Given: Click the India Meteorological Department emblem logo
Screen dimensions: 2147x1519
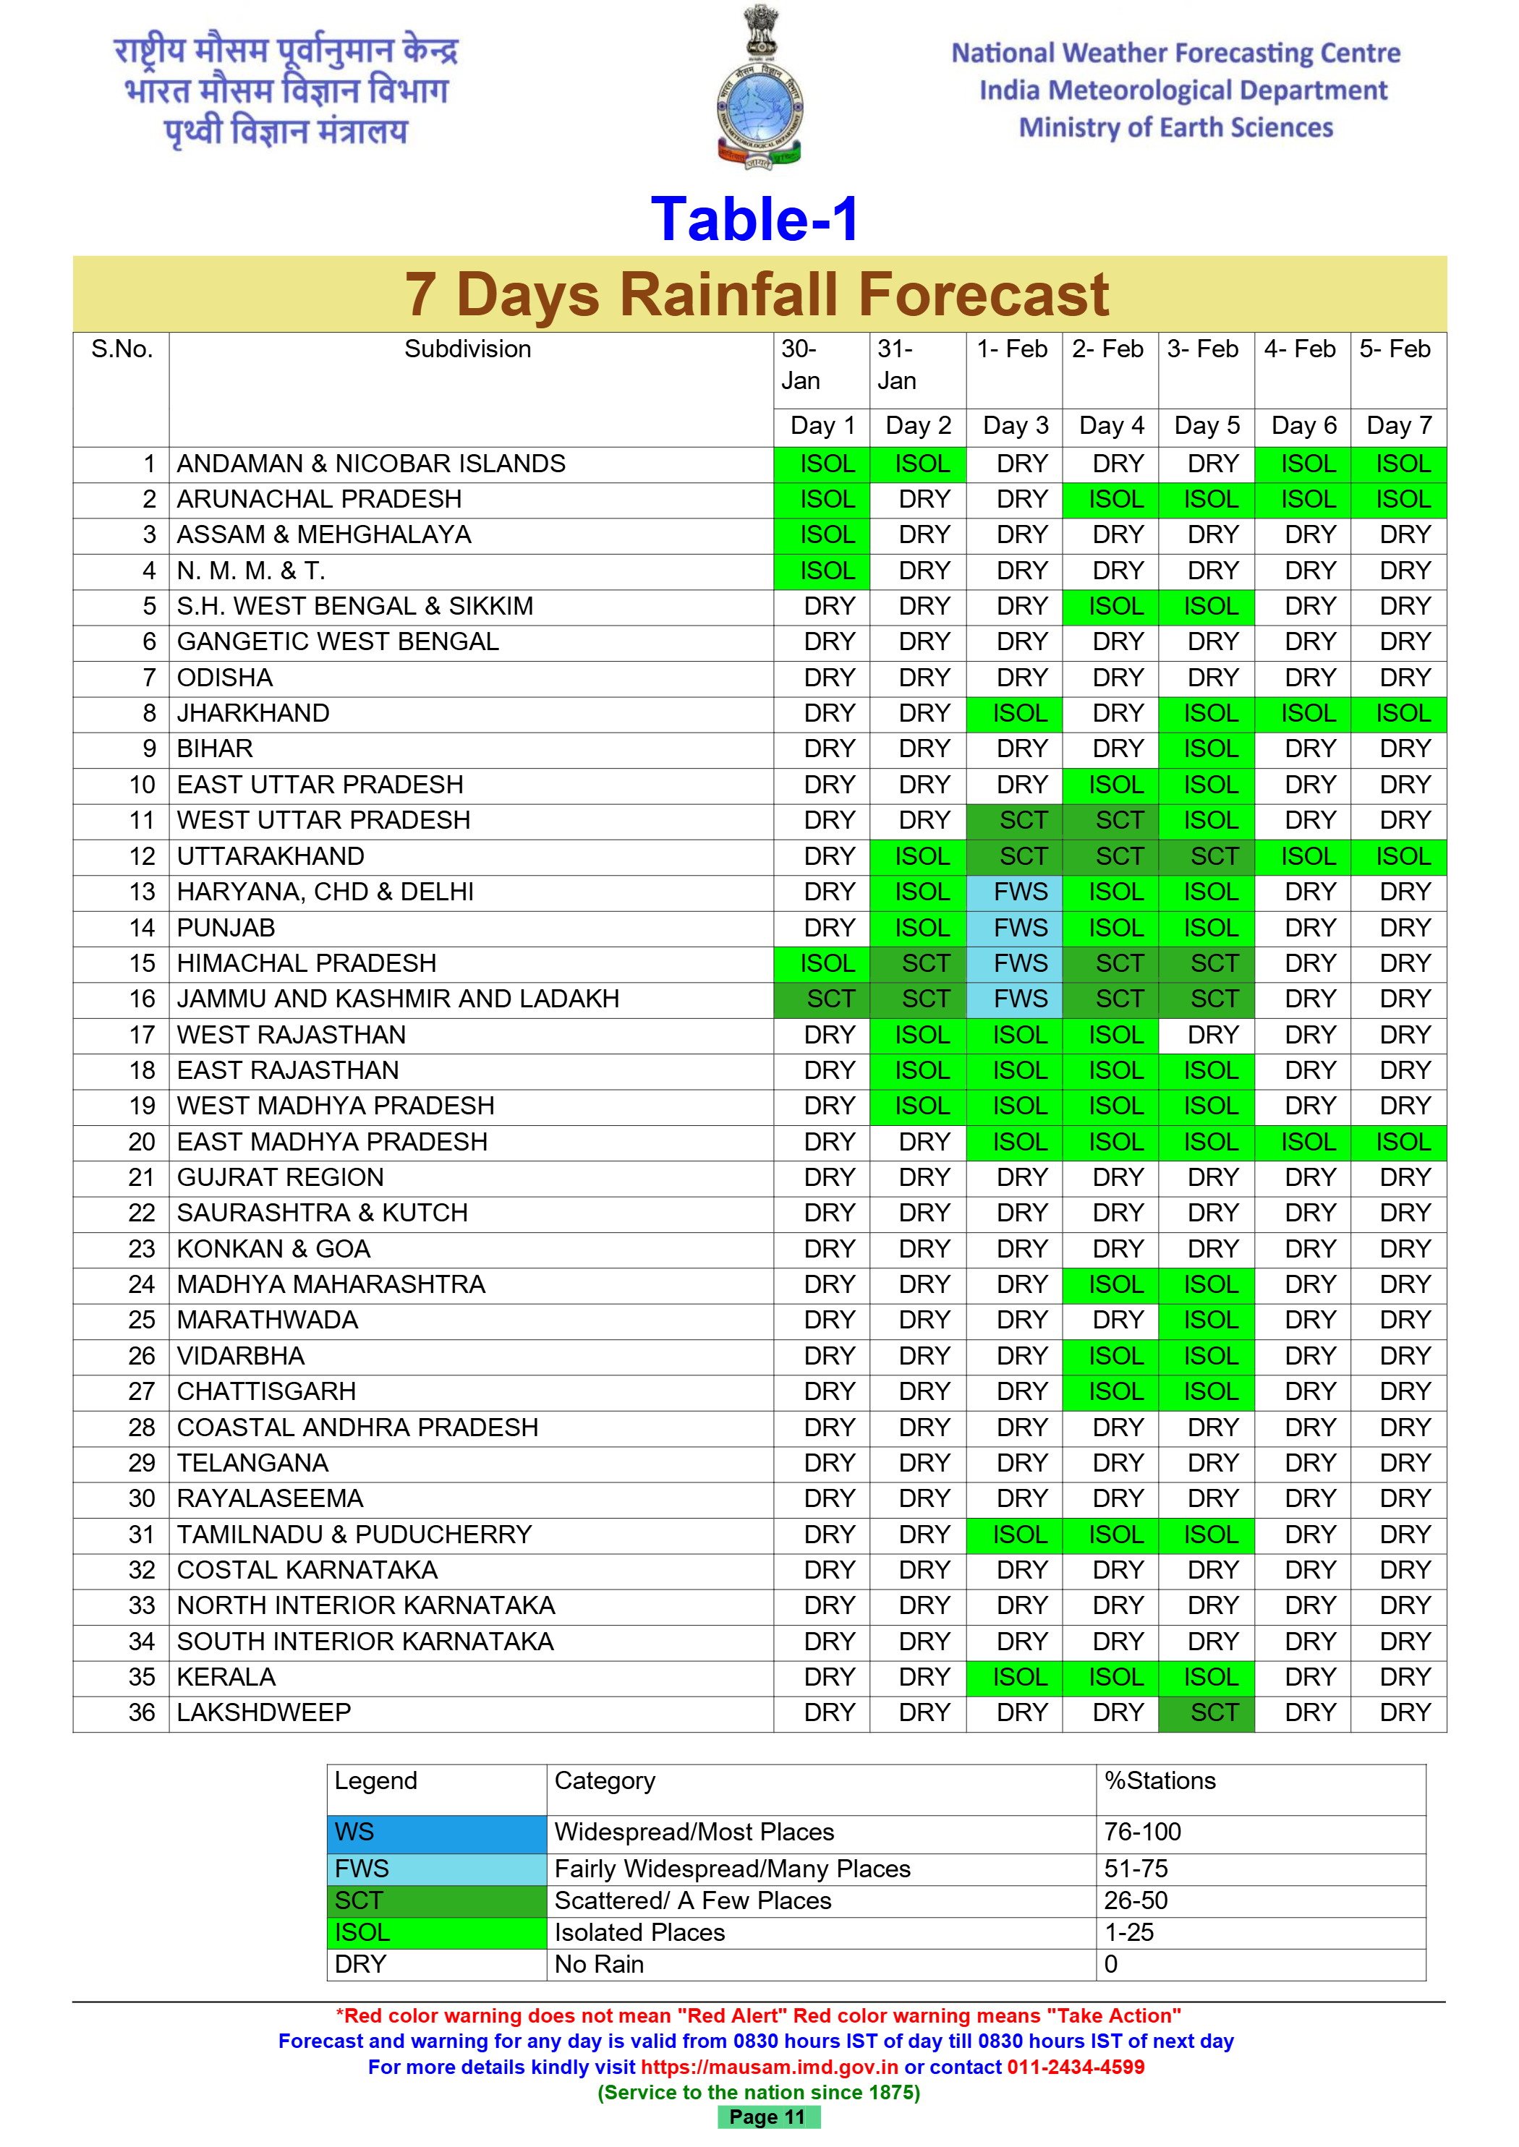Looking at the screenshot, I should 759,89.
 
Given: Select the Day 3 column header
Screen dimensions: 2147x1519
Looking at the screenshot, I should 1015,427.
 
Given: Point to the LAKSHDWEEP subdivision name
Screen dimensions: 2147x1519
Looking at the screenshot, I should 264,1712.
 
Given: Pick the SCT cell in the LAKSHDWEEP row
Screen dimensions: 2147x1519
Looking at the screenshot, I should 1213,1712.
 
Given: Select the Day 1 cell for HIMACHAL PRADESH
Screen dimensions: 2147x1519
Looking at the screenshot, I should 827,963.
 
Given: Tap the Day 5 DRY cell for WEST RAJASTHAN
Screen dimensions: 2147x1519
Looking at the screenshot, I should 1213,1035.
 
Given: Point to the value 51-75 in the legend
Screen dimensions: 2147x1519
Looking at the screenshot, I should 1136,1869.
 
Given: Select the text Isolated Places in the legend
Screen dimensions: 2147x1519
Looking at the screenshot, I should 639,1932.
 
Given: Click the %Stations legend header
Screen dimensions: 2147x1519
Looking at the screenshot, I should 1160,1780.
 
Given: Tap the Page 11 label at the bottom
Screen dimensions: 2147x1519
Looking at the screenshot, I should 767,2117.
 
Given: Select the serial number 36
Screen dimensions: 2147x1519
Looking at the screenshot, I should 142,1712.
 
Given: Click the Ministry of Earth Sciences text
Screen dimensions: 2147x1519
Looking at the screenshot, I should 1175,128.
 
